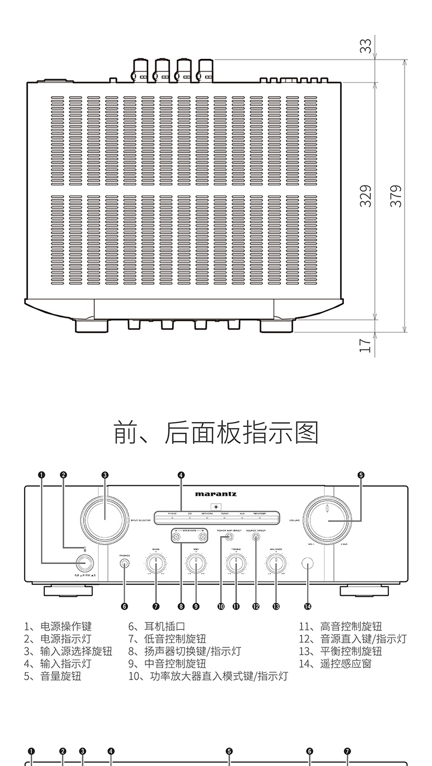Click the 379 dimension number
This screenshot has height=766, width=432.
click(x=396, y=196)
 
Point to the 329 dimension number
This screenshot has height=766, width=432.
click(x=366, y=196)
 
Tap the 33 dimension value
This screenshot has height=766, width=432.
click(x=366, y=46)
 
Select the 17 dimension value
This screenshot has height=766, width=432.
click(x=366, y=345)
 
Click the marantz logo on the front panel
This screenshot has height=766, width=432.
click(x=216, y=494)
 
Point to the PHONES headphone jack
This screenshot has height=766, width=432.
click(x=125, y=563)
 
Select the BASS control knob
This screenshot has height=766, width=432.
click(x=156, y=563)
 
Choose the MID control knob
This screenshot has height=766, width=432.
click(x=196, y=563)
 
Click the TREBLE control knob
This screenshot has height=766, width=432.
click(x=236, y=563)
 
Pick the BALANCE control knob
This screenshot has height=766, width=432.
click(x=276, y=563)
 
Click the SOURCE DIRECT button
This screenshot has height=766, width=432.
click(x=256, y=537)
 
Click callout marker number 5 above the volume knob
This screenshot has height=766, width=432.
click(x=361, y=474)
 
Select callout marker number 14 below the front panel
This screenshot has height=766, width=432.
click(x=308, y=606)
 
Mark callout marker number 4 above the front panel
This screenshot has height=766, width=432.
click(x=181, y=474)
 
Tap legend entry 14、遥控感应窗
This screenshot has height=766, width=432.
click(x=335, y=664)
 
